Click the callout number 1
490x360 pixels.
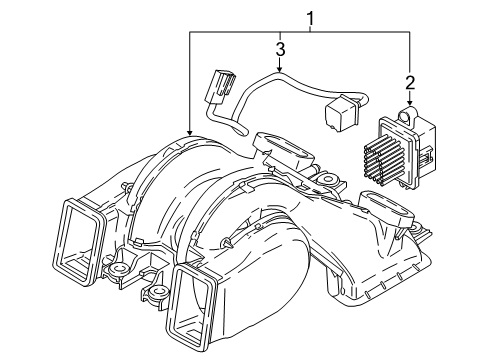click(311, 19)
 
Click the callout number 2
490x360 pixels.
click(410, 83)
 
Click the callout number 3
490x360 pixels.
click(281, 49)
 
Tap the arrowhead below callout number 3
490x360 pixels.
click(281, 69)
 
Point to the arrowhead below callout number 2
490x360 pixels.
click(410, 103)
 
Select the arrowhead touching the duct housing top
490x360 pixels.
click(190, 132)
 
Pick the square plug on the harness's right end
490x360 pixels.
click(340, 111)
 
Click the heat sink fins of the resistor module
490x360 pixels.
click(383, 159)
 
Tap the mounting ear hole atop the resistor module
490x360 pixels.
click(406, 116)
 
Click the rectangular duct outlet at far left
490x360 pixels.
click(79, 243)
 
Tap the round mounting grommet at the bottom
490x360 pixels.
click(158, 293)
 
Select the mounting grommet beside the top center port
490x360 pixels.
click(328, 179)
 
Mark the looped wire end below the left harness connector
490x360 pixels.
click(242, 131)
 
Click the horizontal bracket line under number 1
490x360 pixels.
click(300, 32)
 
